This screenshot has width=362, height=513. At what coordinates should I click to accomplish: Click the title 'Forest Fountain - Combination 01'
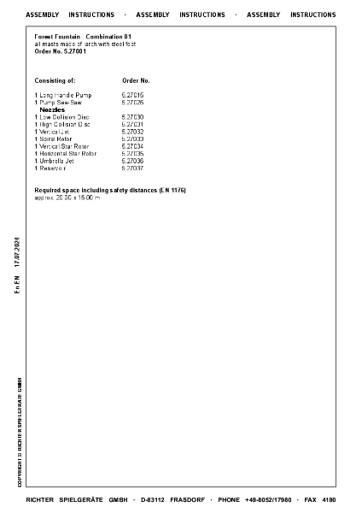pos(83,38)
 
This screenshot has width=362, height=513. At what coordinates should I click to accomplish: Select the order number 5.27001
pos(60,51)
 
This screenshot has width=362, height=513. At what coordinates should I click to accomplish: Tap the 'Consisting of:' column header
pos(55,80)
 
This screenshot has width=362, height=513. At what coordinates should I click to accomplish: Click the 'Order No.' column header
pos(137,80)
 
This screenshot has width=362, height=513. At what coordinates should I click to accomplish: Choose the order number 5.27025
pos(133,102)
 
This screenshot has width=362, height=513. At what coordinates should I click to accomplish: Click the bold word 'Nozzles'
pos(52,109)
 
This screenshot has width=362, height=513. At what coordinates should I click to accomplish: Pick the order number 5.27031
pos(133,124)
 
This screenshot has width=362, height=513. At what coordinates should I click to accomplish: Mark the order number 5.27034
pos(133,146)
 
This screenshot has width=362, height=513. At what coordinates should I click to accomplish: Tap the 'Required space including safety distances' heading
pos(110,190)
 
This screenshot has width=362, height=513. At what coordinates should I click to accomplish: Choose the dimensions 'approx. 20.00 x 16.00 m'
pos(67,198)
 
